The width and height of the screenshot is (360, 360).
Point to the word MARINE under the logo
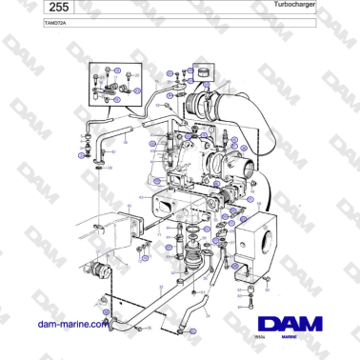[x=283, y=338]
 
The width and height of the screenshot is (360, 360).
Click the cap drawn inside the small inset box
[x=201, y=72]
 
